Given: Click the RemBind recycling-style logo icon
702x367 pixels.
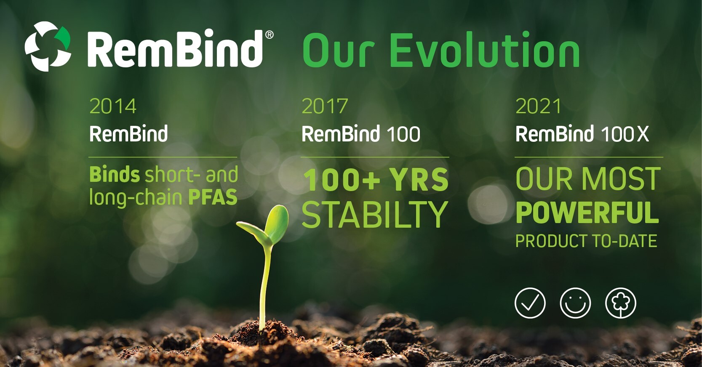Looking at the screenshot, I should (x=48, y=46).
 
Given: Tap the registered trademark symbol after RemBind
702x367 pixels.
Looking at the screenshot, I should (x=269, y=35).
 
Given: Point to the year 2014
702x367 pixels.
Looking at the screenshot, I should (x=113, y=106).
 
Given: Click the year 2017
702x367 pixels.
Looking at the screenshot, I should (x=325, y=106).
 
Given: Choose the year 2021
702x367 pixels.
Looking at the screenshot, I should (x=538, y=106).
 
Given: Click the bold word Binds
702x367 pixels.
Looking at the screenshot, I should (x=114, y=175).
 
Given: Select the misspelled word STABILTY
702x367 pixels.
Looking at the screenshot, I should (x=374, y=215).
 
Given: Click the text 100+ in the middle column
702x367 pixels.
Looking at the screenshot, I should (x=342, y=180).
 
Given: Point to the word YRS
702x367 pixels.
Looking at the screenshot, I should (x=419, y=180).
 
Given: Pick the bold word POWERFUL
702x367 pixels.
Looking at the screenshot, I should (x=587, y=213).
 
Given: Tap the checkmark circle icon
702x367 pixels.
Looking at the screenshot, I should (x=530, y=303).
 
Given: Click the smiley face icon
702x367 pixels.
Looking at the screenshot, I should (x=575, y=303).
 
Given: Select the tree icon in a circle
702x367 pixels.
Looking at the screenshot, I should (x=620, y=303).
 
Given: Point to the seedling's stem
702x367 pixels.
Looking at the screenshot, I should (x=264, y=286).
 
